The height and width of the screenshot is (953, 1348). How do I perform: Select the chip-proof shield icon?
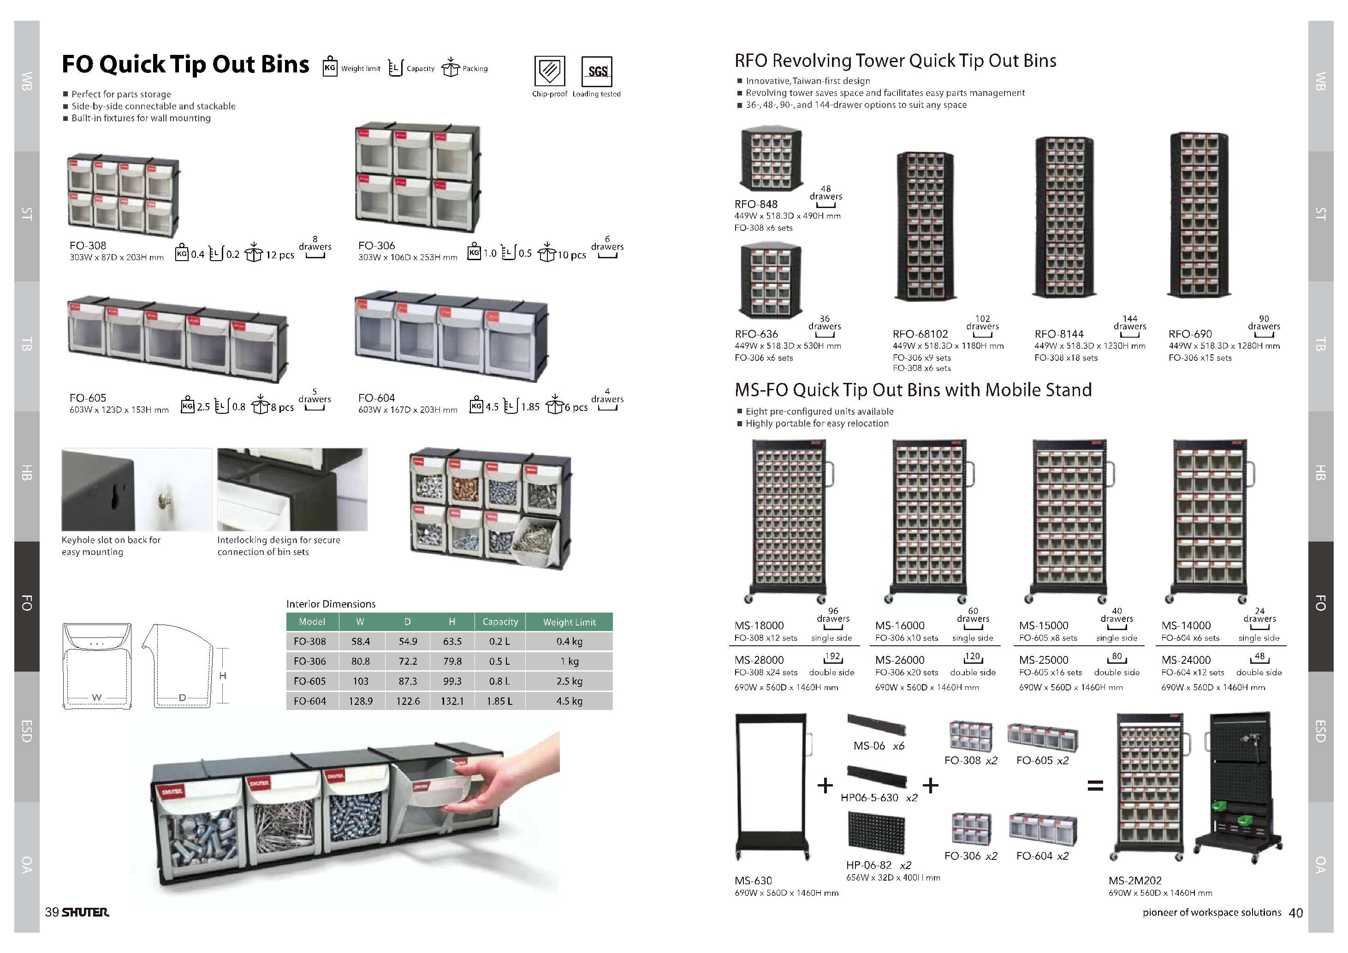click(550, 71)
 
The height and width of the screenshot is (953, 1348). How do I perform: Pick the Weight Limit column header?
click(569, 622)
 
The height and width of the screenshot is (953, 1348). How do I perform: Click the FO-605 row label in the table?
click(309, 681)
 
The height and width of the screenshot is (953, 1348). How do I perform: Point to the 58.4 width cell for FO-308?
click(361, 641)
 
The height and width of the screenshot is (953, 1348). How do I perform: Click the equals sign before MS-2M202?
click(1095, 786)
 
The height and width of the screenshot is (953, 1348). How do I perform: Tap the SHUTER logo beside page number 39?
click(85, 912)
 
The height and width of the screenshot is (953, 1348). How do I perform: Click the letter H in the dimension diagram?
click(222, 676)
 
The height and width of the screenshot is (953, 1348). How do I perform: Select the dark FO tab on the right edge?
click(1320, 605)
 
